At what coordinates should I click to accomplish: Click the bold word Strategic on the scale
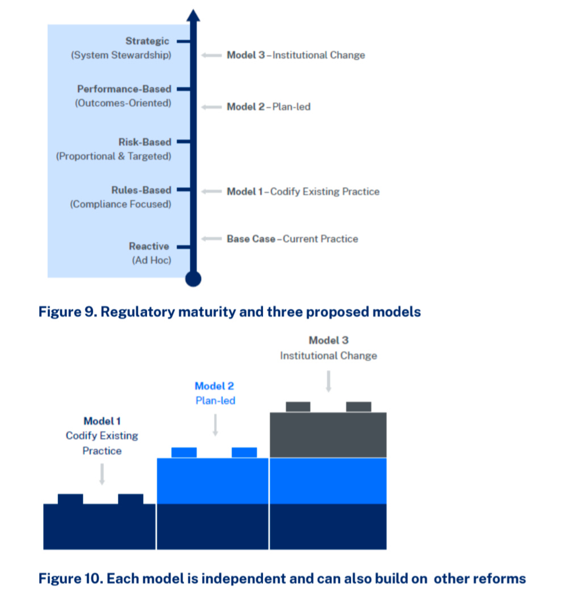[147, 41]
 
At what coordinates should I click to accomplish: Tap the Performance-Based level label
[124, 89]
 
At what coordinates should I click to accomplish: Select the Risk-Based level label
[144, 142]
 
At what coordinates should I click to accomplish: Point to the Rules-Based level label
[141, 191]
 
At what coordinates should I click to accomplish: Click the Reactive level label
[149, 246]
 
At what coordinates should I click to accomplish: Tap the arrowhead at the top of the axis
[194, 15]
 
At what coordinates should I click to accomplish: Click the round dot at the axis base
[194, 279]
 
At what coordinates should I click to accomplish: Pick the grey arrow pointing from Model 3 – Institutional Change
[211, 56]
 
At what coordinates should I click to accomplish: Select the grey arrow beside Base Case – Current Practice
[211, 239]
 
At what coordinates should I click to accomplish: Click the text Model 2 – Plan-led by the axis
[269, 107]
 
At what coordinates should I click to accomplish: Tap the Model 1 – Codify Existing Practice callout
[303, 192]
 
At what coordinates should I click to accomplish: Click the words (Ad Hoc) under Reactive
[151, 260]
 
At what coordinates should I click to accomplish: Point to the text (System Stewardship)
[121, 56]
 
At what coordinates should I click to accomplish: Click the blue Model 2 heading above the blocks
[214, 386]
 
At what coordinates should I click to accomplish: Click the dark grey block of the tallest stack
[328, 435]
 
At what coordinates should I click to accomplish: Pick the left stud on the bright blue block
[184, 452]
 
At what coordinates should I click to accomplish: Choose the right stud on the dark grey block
[358, 406]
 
